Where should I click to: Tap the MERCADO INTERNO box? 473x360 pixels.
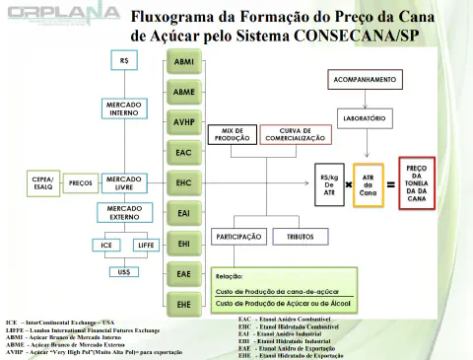pyautogui.click(x=123, y=108)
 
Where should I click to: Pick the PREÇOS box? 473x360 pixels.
pyautogui.click(x=80, y=182)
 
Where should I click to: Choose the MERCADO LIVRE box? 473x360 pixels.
pyautogui.click(x=123, y=182)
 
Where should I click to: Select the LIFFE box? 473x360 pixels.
pyautogui.click(x=146, y=245)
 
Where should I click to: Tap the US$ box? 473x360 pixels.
pyautogui.click(x=123, y=272)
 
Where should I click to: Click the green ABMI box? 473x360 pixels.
pyautogui.click(x=183, y=61)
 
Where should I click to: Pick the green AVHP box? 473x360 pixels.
pyautogui.click(x=183, y=122)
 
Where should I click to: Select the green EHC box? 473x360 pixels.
pyautogui.click(x=183, y=183)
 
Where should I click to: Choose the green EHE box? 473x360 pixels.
pyautogui.click(x=183, y=304)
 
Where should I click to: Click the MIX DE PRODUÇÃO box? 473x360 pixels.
pyautogui.click(x=234, y=134)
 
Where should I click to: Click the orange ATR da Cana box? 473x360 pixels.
pyautogui.click(x=369, y=182)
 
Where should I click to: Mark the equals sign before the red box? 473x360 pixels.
pyautogui.click(x=391, y=183)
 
